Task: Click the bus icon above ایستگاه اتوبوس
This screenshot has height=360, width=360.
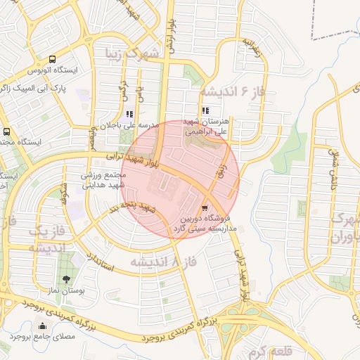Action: [x=53, y=60]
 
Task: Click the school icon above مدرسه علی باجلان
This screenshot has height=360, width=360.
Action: [x=129, y=113]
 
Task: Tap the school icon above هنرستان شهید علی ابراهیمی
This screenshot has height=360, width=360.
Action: [x=205, y=110]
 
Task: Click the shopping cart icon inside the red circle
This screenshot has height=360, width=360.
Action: [x=205, y=207]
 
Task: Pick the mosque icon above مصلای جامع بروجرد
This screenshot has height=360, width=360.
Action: [x=44, y=326]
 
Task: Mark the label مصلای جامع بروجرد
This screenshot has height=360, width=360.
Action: [x=44, y=337]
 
